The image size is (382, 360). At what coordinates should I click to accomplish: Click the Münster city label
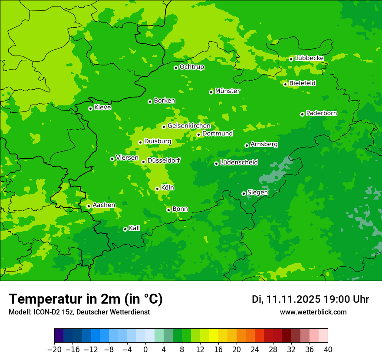pos(227,91)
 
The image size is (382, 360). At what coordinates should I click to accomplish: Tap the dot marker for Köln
pos(157,189)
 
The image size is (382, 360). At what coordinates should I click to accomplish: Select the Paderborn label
pos(321,113)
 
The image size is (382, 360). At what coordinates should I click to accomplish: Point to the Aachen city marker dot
pos(89,206)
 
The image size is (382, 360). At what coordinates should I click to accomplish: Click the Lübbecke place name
pos(309,58)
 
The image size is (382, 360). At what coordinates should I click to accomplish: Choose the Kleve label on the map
pos(102,108)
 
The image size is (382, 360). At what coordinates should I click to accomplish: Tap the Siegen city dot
pos(244,193)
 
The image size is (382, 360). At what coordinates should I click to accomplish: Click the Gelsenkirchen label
pos(189,126)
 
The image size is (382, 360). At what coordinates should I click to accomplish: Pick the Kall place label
pos(135,228)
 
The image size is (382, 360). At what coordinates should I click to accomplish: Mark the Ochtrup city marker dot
pos(176,68)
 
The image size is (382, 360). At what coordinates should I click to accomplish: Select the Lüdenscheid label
pos(239,163)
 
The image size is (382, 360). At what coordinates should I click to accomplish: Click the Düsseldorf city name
pos(164,161)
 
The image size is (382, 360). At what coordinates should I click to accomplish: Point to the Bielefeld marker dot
pos(285,84)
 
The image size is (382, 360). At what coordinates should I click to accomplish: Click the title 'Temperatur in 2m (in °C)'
pos(86,299)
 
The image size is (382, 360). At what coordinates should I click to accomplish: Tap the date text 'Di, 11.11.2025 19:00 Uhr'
pos(310,299)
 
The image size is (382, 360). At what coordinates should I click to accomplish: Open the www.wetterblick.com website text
pos(313,312)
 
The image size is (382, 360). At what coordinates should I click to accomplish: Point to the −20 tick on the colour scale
pos(54,350)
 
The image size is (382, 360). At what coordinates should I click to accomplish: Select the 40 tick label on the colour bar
pos(328,350)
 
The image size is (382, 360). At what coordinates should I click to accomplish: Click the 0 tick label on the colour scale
pos(145,350)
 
